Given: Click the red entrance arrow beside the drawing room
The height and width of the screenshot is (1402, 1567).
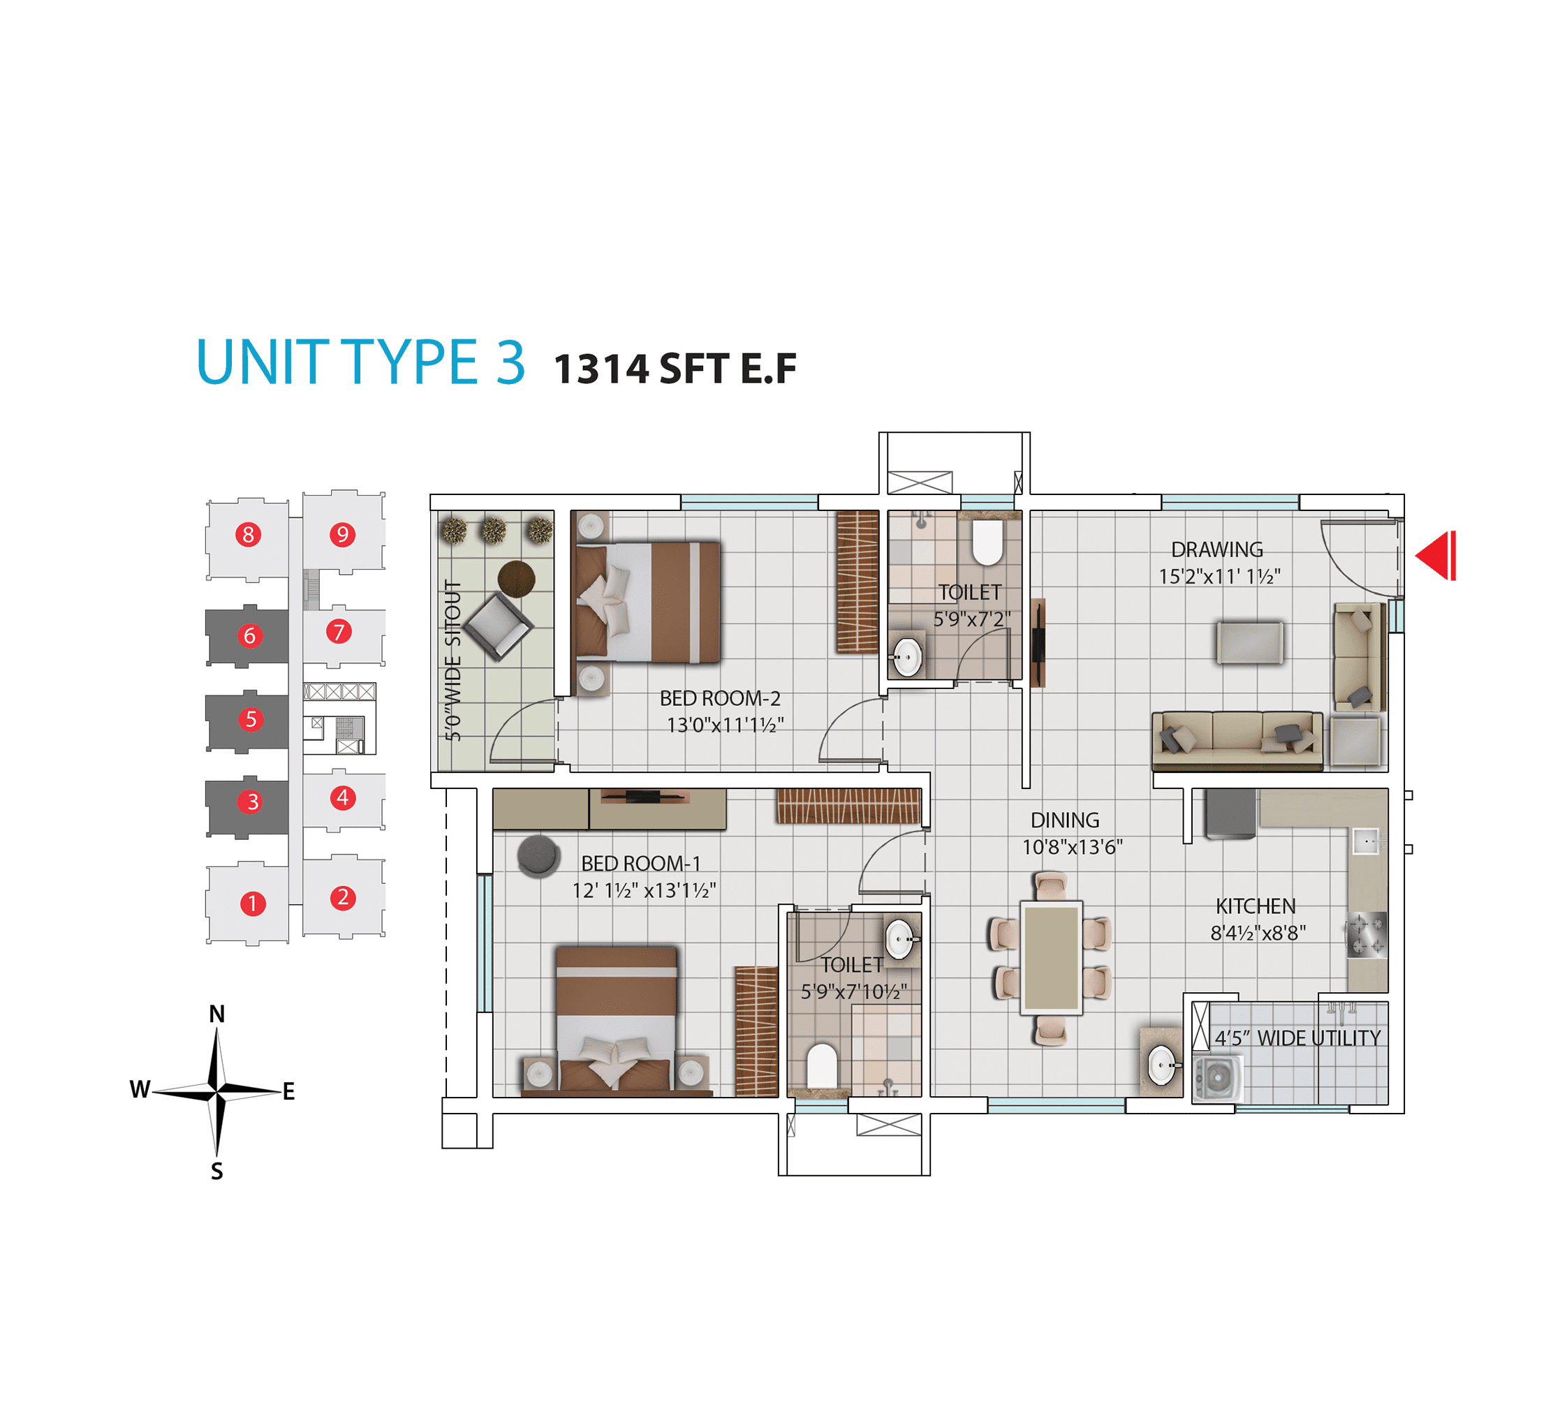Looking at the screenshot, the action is click(x=1436, y=555).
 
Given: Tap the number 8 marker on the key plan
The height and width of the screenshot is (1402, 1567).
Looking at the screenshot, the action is click(x=248, y=534).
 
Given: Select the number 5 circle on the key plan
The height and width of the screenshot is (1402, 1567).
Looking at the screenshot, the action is click(x=251, y=718).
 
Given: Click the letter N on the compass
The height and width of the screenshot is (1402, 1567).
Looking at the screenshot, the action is click(x=217, y=1014).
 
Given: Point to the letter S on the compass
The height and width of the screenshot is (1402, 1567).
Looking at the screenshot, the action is click(x=217, y=1172).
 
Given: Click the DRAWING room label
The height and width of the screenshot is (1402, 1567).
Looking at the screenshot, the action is click(x=1217, y=549).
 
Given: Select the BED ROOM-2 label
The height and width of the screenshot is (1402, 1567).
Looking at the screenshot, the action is click(x=721, y=698).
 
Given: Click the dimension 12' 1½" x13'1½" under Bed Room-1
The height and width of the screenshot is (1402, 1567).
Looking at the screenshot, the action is click(x=644, y=890).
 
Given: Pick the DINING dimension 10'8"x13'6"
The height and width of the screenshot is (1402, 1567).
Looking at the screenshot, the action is click(x=1073, y=848).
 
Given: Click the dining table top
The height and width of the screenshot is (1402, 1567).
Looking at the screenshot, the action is click(x=1052, y=957).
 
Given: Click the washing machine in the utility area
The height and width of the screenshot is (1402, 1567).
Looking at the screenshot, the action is click(x=1217, y=1079).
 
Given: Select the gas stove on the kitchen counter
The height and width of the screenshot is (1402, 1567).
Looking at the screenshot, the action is click(x=1366, y=934).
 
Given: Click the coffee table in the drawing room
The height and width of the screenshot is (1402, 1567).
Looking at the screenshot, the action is click(x=1249, y=642).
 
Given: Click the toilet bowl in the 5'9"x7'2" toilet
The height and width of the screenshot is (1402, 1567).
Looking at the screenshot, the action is click(x=987, y=542).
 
